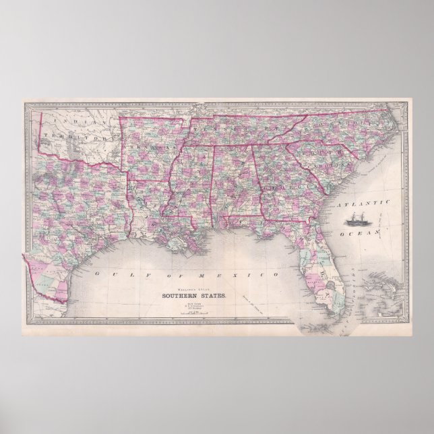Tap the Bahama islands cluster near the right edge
[387, 290]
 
